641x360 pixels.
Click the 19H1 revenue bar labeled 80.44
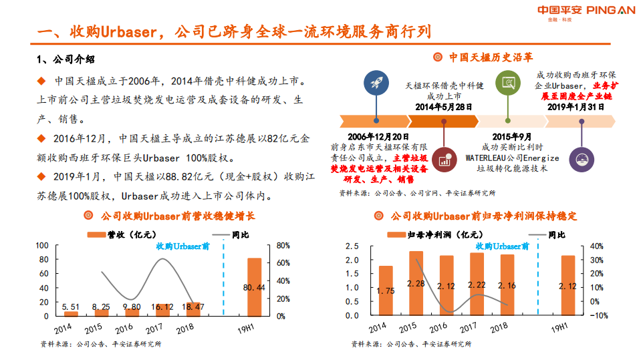[x=255, y=287]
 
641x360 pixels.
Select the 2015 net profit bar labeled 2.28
[x=416, y=283]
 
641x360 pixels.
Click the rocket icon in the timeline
[x=374, y=82]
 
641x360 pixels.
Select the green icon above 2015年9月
[x=508, y=82]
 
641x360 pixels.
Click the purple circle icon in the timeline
[x=580, y=158]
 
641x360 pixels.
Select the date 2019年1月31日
[x=575, y=106]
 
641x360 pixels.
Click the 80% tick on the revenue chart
[x=282, y=245]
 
